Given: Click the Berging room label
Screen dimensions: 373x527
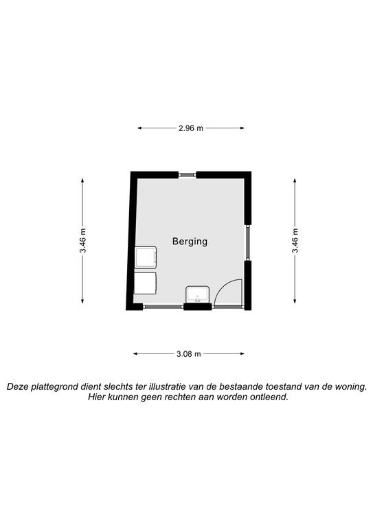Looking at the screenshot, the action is (190, 242).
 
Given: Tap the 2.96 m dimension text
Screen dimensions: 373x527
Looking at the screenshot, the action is (191, 128).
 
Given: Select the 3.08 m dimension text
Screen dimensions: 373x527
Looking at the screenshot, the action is (188, 354).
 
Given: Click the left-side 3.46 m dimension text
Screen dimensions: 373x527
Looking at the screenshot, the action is (82, 241).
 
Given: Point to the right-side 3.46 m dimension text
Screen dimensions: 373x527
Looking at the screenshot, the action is (295, 241).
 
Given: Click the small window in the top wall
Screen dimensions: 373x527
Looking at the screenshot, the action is (187, 174).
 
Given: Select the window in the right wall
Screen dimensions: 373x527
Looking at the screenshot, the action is (248, 242).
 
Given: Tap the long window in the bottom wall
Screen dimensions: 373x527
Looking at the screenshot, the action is (163, 307).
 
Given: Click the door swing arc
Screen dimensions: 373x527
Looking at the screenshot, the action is (223, 285).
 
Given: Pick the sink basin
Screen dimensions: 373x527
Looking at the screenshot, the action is (198, 295).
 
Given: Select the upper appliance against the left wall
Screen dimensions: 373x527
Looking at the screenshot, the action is (146, 257).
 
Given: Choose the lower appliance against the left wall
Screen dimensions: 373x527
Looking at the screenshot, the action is (146, 283).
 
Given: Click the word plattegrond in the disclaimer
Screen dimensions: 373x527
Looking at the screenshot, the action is (54, 386).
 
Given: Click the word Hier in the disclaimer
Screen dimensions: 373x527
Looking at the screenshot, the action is (95, 397).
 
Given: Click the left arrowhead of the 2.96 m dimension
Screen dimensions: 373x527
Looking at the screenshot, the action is (139, 128).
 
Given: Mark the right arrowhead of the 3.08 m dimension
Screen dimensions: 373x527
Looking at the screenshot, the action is (242, 353).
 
